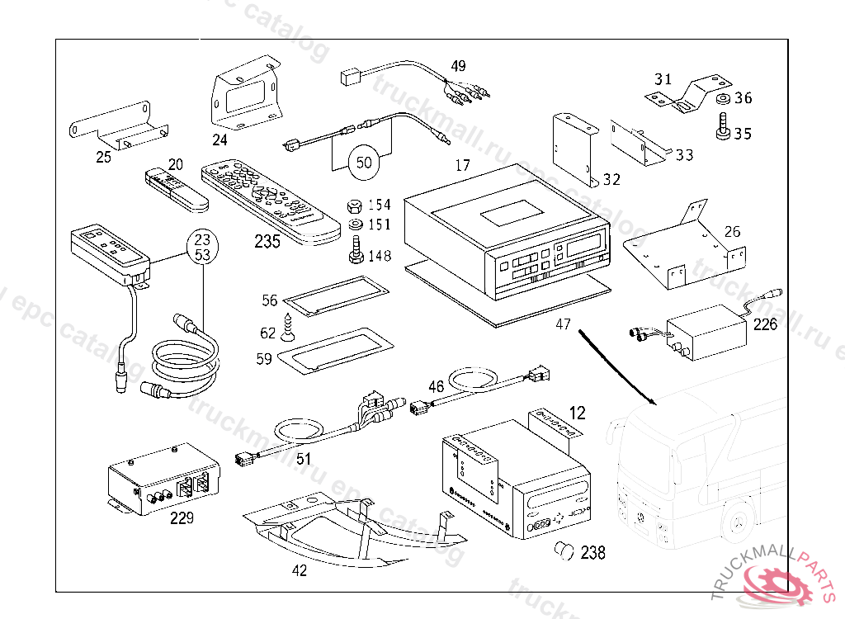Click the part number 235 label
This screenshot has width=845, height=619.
coord(267,242)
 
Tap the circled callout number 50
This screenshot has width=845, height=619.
coord(364,163)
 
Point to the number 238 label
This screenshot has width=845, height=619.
coord(592,552)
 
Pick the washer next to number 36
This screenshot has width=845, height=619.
coord(720,101)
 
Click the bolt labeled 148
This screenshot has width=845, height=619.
coord(356,250)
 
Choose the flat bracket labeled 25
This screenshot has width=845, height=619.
coord(119,129)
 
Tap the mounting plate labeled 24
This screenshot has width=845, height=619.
coord(244,94)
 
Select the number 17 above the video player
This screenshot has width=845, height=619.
coord(462,166)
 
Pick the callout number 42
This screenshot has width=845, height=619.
coord(300,570)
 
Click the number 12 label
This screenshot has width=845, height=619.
coord(578,413)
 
